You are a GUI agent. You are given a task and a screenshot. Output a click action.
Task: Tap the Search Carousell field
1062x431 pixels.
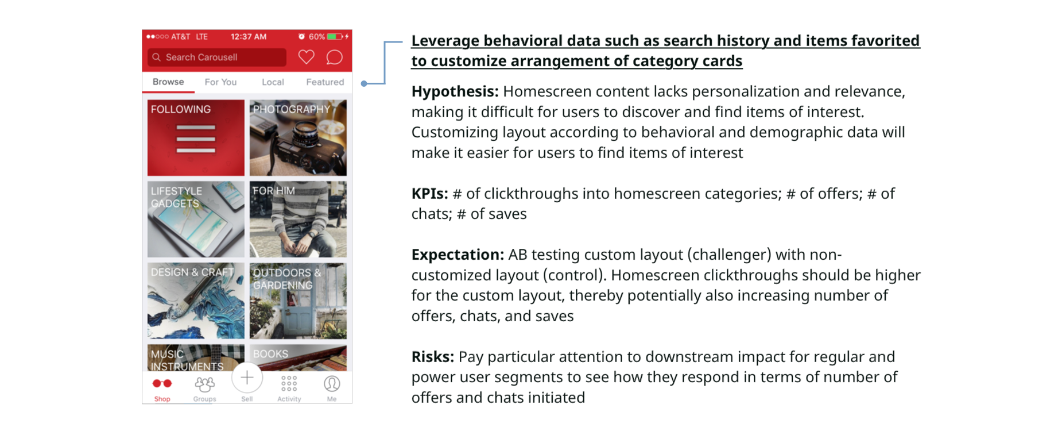[217, 57]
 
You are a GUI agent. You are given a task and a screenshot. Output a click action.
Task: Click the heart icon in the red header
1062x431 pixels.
[306, 57]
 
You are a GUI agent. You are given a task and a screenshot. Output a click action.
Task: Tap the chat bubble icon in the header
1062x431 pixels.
[334, 57]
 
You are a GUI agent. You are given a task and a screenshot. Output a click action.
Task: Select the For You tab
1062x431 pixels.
[220, 82]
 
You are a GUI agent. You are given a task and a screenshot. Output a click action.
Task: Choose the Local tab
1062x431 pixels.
[273, 82]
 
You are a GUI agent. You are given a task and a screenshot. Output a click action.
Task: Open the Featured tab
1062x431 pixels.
[325, 82]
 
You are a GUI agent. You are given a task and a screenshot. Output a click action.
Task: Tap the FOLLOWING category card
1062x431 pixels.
[196, 138]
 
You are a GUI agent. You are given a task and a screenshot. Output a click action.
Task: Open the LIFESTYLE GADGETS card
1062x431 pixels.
[196, 220]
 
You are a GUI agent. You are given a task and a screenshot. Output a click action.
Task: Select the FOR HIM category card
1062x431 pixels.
[298, 220]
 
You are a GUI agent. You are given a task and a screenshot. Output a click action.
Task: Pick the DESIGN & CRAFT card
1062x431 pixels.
[196, 301]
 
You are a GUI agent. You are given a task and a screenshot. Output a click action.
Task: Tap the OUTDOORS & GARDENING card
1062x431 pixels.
[298, 301]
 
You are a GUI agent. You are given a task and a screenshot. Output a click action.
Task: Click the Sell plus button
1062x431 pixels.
[247, 378]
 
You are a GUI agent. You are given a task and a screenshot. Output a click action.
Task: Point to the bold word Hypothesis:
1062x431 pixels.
[455, 92]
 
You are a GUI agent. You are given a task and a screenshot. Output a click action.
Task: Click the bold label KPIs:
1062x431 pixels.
[429, 194]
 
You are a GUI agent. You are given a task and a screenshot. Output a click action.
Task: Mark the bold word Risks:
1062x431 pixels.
[432, 357]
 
